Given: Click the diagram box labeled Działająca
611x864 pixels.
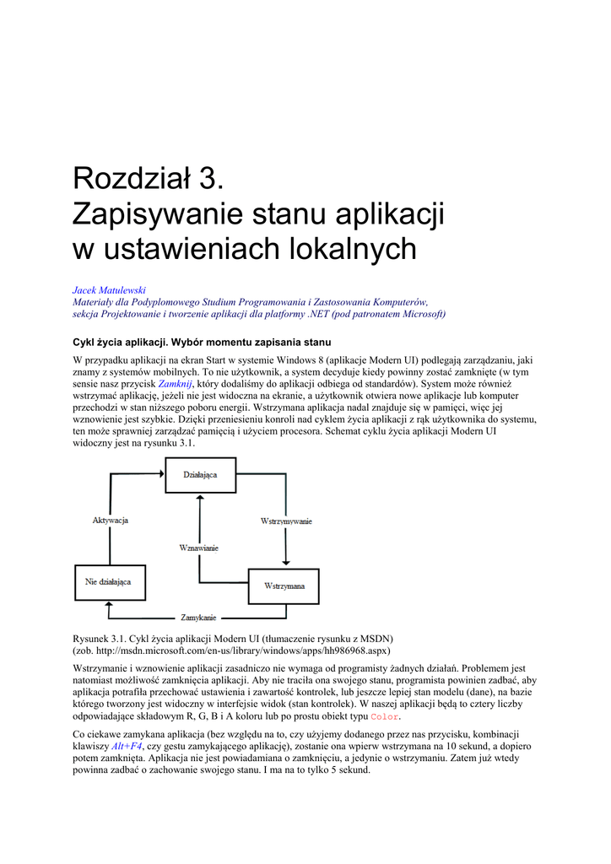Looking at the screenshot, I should pos(200,476).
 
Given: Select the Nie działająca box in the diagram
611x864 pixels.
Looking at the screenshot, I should pos(109,582).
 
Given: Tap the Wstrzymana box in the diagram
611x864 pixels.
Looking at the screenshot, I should pos(284,586).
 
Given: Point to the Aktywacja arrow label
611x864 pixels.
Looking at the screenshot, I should pos(110,521).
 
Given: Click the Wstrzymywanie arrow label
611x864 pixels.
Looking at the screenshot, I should pos(285,521).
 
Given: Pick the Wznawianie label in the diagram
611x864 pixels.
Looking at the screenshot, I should pos(199,548).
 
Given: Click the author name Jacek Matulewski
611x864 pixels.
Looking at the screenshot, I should pos(109,290).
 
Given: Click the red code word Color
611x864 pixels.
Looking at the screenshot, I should pos(384,717).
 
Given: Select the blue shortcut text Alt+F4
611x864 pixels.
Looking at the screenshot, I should pos(127,746).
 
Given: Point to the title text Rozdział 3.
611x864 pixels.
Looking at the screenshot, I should pos(149,179).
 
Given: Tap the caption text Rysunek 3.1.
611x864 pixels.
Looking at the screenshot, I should pos(104,638).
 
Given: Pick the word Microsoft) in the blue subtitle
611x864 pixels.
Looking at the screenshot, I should pos(421,314).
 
